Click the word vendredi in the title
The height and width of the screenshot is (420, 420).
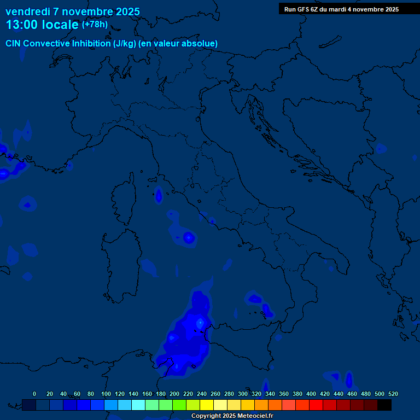click(28, 11)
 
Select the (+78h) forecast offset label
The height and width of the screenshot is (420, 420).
click(95, 25)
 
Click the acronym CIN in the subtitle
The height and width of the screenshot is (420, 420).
click(14, 44)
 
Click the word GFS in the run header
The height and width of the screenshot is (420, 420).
click(304, 9)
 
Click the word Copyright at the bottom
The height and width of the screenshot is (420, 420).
click(206, 416)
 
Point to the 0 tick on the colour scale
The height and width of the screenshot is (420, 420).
click(34, 394)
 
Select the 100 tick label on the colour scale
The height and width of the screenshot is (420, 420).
click(106, 394)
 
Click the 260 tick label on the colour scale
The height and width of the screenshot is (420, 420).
click(215, 394)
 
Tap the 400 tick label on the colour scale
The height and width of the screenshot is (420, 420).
click(311, 394)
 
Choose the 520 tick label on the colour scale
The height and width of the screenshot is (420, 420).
click(393, 394)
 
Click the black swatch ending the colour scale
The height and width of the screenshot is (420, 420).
click(384, 405)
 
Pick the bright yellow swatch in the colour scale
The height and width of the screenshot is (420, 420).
click(207, 405)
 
